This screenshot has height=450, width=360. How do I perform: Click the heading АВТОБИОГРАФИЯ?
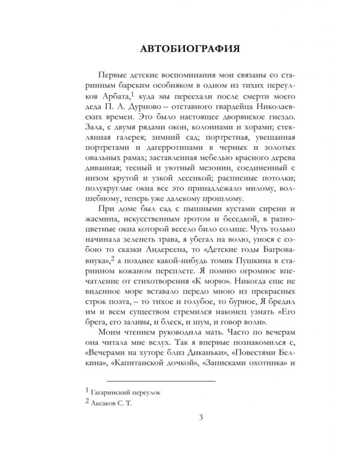(x=179, y=47)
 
